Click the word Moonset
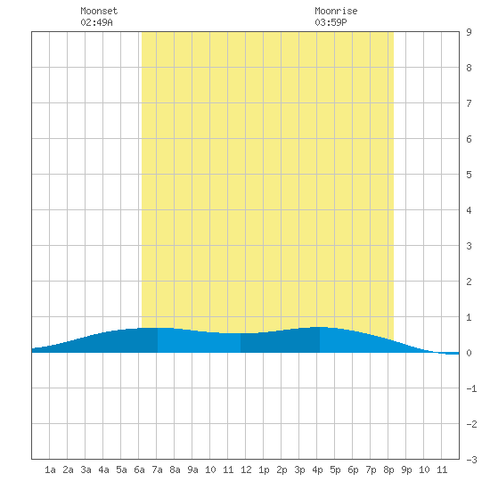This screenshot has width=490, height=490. (x=99, y=11)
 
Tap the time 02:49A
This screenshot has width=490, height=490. (x=96, y=22)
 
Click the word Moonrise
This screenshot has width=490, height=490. (x=336, y=11)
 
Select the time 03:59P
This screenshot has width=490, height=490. (x=331, y=22)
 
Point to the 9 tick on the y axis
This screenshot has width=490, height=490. (x=469, y=32)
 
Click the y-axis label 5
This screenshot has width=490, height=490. (x=469, y=175)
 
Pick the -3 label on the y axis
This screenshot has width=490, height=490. (x=471, y=460)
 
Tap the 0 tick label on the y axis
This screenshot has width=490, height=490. (x=469, y=353)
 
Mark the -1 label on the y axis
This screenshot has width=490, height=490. (x=471, y=388)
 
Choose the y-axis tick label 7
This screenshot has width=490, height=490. (x=469, y=103)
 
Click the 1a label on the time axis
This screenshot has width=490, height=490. (x=50, y=470)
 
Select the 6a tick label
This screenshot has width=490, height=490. (x=139, y=470)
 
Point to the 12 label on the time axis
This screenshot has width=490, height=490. (x=246, y=470)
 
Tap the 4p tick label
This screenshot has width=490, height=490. (x=317, y=470)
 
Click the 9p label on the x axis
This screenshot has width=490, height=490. (x=406, y=470)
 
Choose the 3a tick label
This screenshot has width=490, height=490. (x=86, y=470)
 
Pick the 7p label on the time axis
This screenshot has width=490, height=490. (x=371, y=470)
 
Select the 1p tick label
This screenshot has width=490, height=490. (x=264, y=470)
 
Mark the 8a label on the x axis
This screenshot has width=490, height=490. (x=175, y=470)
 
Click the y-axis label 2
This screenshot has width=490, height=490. (x=469, y=282)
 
